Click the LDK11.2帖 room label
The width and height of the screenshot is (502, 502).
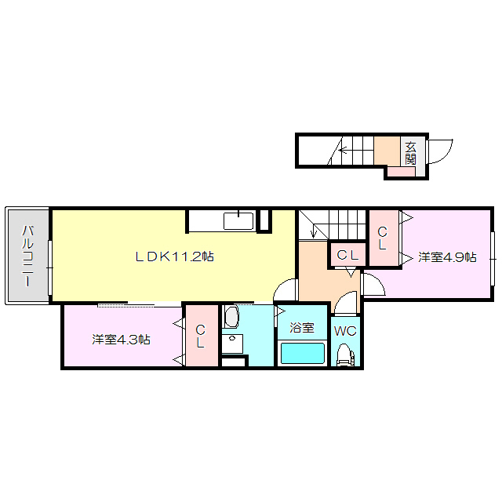click(x=174, y=256)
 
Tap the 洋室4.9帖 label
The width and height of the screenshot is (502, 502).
click(x=447, y=257)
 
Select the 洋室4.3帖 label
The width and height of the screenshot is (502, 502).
click(x=121, y=340)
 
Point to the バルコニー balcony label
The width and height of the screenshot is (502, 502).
click(x=28, y=256)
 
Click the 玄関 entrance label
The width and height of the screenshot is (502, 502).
click(x=410, y=154)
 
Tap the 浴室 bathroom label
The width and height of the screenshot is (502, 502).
click(x=301, y=328)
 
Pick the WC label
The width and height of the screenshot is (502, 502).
click(x=345, y=331)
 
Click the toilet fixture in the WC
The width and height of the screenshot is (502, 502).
click(x=346, y=355)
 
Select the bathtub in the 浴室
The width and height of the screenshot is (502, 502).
click(x=303, y=353)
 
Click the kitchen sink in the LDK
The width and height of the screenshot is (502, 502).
click(x=238, y=221)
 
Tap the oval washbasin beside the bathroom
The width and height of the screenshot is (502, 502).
click(x=231, y=317)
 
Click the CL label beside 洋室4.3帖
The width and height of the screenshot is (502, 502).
click(x=201, y=336)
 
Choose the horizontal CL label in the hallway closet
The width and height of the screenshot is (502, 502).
click(x=347, y=255)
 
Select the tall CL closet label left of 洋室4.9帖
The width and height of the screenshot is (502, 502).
click(x=383, y=238)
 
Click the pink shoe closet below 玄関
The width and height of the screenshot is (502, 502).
click(x=401, y=172)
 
